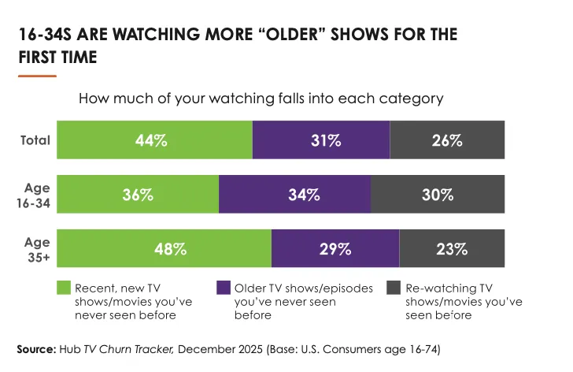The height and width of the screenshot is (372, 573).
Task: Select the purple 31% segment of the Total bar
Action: [321, 141]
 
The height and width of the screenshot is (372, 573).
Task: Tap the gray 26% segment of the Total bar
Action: [447, 141]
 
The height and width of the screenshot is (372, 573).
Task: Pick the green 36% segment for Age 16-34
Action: [138, 195]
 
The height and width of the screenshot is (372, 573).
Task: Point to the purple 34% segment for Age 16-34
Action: [294, 195]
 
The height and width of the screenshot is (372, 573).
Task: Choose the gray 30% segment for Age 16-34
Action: [438, 195]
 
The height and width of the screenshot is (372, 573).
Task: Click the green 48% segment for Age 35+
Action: [164, 249]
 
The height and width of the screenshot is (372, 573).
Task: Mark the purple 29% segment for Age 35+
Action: [335, 249]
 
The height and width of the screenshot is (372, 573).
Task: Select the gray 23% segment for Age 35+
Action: [452, 249]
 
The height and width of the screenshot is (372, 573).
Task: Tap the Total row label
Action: [35, 141]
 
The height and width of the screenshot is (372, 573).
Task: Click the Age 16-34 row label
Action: [36, 195]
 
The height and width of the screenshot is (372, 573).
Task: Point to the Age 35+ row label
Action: [36, 249]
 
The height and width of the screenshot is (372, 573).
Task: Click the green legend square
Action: [63, 287]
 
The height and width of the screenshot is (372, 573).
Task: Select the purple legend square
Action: [224, 287]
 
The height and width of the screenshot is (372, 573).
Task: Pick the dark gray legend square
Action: [395, 287]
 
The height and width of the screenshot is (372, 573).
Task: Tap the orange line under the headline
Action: [37, 76]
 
